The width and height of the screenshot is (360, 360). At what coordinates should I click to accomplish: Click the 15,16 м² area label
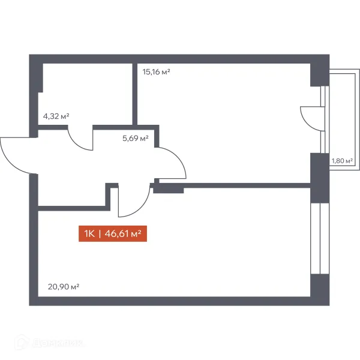[x=156, y=72]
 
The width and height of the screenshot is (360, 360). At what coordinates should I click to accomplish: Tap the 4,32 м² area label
[x=56, y=116]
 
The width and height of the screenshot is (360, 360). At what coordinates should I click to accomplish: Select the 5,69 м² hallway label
[x=136, y=138]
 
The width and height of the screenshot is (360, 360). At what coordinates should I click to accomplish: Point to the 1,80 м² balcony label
[x=342, y=161]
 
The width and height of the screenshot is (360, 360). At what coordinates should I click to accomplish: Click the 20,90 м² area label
[x=64, y=287]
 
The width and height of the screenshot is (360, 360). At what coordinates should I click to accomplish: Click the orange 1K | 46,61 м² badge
[x=113, y=234]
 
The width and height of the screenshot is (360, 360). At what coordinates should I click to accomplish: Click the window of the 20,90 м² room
[x=320, y=239]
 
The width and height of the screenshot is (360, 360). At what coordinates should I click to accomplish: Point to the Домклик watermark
[x=49, y=343]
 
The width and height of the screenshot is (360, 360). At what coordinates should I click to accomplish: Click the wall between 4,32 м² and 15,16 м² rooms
[x=135, y=94]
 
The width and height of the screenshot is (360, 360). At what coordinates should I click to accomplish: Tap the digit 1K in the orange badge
[x=89, y=234]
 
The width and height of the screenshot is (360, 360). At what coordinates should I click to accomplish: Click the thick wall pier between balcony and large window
[x=320, y=178]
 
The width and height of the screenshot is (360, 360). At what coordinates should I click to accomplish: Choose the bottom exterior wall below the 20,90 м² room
[x=179, y=301]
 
